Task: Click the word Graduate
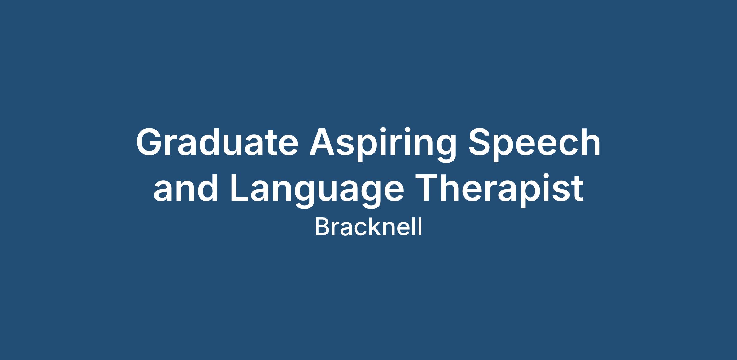pyautogui.click(x=217, y=142)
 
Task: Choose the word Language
pyautogui.click(x=317, y=191)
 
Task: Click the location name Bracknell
pyautogui.click(x=368, y=227)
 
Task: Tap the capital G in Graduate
pyautogui.click(x=150, y=142)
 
